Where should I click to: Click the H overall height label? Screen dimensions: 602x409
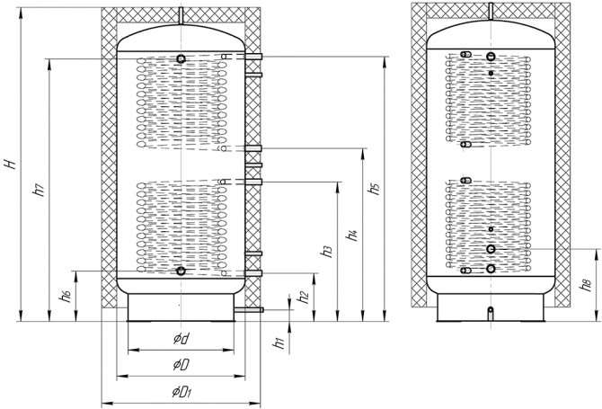coord(12,164)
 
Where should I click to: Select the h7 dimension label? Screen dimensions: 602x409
coord(40,190)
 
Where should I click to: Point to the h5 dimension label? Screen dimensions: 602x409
coord(375,188)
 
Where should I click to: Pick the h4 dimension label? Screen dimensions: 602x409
coord(352,235)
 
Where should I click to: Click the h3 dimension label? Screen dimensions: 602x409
coord(327,251)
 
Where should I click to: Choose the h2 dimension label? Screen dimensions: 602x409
coord(304,296)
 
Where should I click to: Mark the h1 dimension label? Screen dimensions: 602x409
coord(279,342)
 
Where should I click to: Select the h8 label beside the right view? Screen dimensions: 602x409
coord(586,285)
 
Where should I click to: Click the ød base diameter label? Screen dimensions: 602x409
coord(181,339)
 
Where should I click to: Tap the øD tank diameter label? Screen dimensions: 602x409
coord(181,365)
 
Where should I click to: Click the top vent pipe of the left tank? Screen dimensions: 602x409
coord(181,15)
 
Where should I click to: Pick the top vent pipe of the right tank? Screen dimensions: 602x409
coord(491,12)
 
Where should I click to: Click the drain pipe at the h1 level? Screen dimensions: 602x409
coord(249,309)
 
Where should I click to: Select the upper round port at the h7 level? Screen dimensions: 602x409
coord(181,58)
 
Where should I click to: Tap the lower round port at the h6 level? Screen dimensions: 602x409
coord(181,271)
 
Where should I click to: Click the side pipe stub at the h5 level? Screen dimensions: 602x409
coord(253,57)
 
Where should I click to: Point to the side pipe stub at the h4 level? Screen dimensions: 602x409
coord(253,148)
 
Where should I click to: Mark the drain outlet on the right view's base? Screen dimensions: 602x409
coord(491,313)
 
